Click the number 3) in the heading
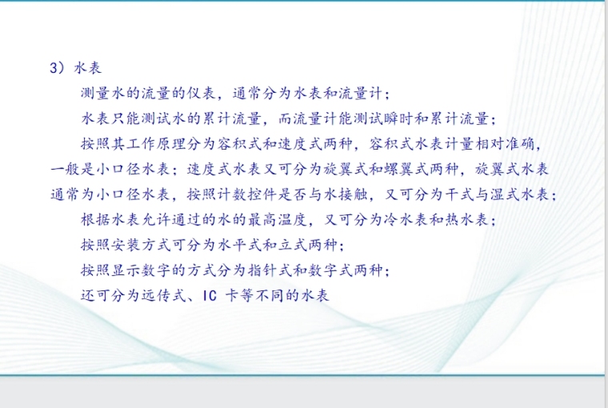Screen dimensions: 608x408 [57, 68]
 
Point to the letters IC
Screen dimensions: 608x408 [210, 296]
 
